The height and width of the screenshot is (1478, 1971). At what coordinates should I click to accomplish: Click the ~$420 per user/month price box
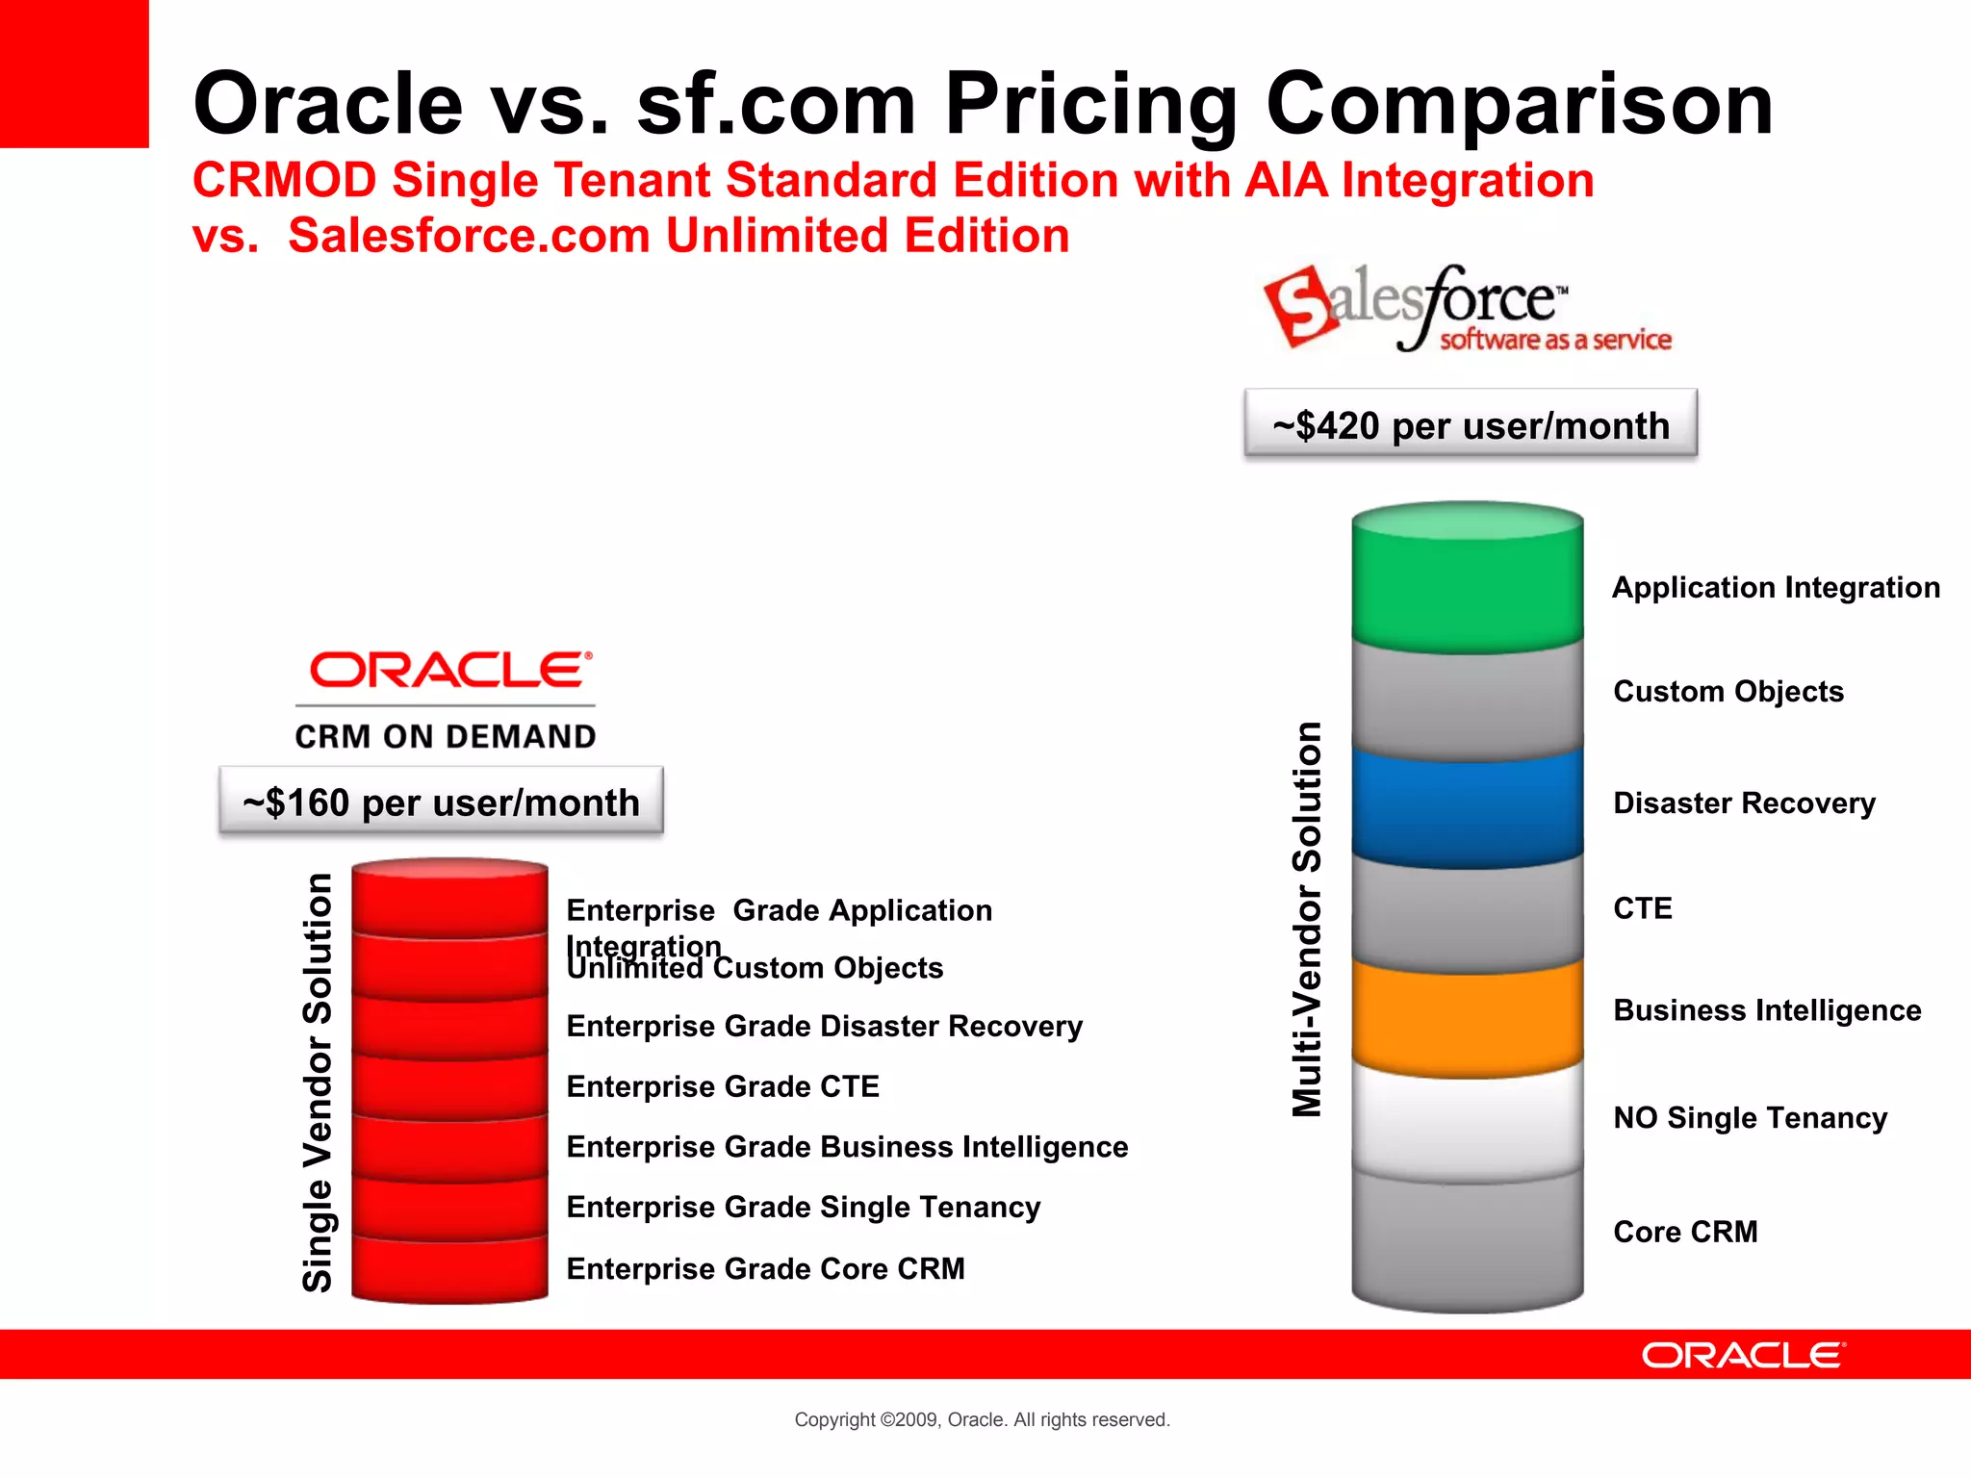1471,424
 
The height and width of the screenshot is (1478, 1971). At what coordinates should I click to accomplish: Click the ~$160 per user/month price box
441,802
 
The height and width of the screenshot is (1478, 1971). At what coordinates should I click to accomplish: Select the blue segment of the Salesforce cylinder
1467,806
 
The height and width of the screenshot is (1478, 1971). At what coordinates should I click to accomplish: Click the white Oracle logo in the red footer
1743,1356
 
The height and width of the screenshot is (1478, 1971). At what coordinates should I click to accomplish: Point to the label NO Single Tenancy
1750,1118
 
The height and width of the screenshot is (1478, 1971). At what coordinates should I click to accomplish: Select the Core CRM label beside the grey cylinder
1685,1232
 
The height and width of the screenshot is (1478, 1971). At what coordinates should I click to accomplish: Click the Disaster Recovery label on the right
1744,803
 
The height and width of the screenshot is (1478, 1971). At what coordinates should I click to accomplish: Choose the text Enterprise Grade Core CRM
765,1269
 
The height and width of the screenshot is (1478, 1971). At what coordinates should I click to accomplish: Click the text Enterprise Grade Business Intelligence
847,1147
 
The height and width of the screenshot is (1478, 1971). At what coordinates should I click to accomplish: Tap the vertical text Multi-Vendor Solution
1307,919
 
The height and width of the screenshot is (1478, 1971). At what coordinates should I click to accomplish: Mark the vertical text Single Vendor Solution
318,1082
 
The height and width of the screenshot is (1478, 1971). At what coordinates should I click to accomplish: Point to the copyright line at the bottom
982,1419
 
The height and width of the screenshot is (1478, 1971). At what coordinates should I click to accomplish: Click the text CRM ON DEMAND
445,737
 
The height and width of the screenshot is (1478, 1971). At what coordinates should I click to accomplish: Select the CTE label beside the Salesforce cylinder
1643,908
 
